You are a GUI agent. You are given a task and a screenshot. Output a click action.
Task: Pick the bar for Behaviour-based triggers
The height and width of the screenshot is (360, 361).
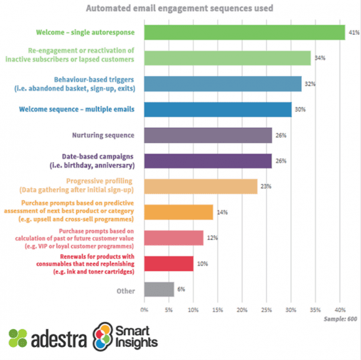[223, 83]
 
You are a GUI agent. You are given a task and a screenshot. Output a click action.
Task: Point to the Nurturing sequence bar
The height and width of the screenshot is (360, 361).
[207, 135]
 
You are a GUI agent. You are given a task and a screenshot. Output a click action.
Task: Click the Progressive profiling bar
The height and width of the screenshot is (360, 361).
[200, 186]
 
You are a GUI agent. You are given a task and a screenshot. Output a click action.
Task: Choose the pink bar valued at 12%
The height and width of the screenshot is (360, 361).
[173, 237]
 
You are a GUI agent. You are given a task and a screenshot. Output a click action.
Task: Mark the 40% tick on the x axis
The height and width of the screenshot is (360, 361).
[339, 308]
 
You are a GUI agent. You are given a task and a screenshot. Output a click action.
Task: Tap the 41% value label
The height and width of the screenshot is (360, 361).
[352, 32]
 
